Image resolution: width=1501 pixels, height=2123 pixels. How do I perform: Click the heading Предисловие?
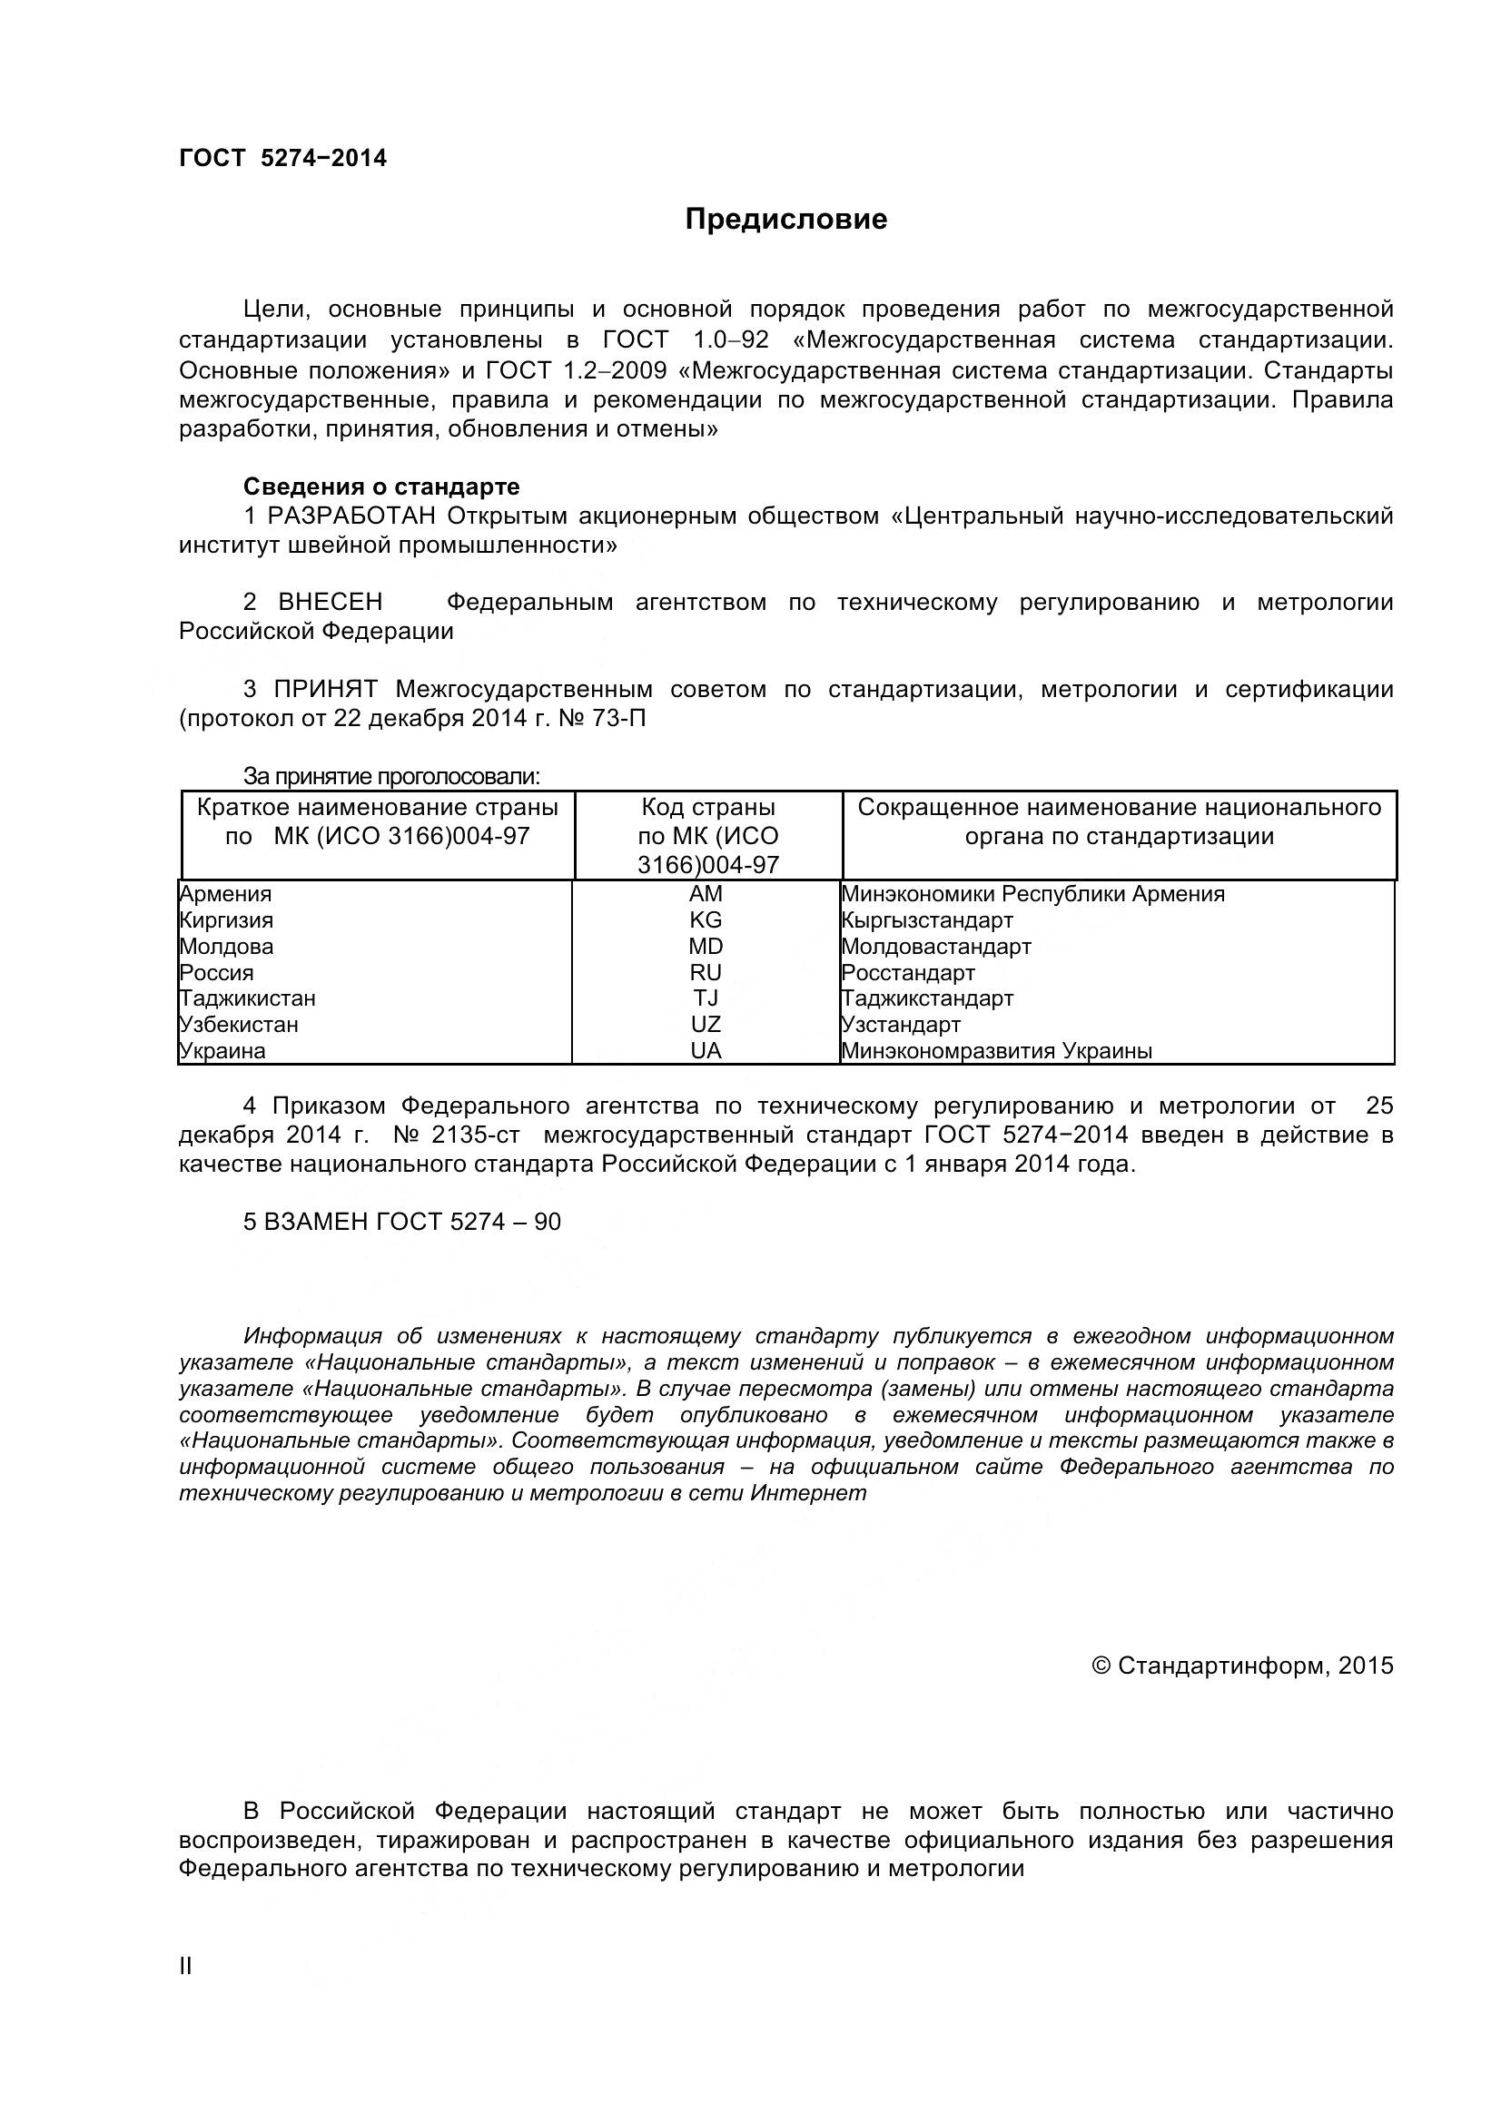click(785, 219)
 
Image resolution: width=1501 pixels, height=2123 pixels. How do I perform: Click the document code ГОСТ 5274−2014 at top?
click(282, 158)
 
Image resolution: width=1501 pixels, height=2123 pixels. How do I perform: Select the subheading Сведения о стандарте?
click(381, 487)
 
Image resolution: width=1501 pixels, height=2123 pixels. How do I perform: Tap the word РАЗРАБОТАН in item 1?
click(351, 516)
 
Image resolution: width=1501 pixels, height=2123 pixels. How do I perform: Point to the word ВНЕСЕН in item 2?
click(331, 603)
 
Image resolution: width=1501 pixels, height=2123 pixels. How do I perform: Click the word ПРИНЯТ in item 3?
click(326, 690)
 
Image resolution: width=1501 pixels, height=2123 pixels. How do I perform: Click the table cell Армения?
click(226, 894)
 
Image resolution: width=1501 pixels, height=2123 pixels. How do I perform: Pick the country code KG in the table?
click(706, 920)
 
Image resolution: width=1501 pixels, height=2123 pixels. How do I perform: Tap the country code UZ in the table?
click(706, 1025)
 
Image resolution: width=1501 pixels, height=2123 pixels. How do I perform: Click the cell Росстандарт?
click(908, 973)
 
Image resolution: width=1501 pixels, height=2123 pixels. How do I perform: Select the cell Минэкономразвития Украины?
click(997, 1051)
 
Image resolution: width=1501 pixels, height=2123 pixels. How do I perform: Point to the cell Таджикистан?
click(248, 998)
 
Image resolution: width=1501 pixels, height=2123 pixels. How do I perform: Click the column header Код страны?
click(707, 807)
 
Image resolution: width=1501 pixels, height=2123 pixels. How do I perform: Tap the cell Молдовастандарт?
click(936, 947)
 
